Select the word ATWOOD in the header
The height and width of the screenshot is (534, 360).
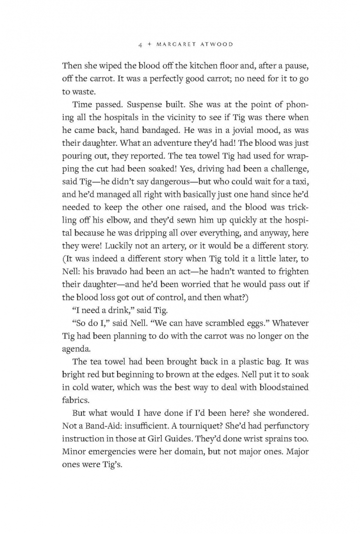[x=216, y=45]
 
